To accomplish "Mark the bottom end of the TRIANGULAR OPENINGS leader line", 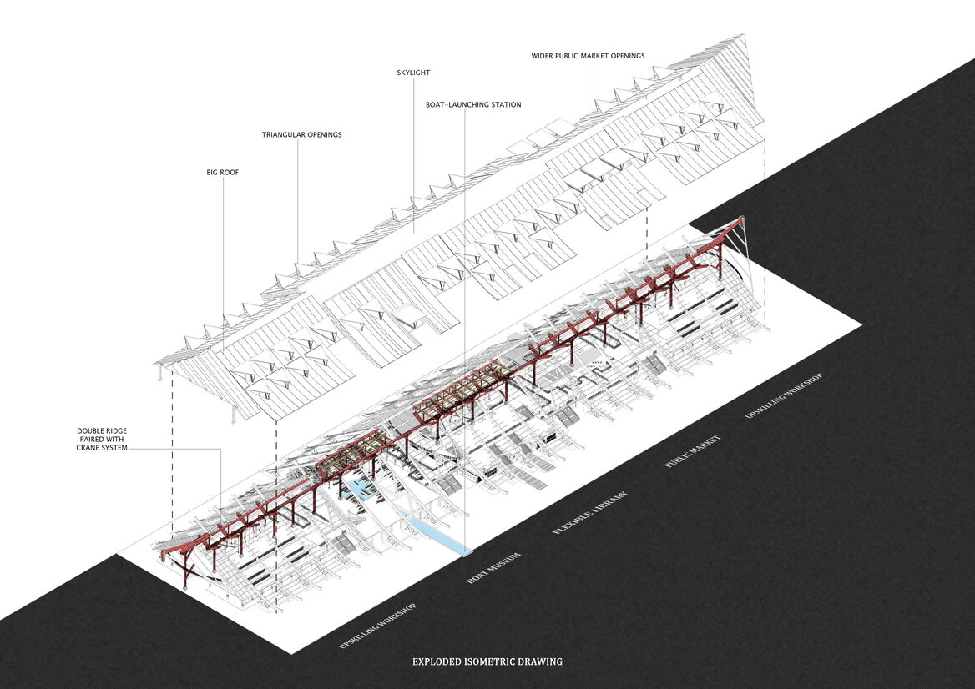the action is (x=297, y=264).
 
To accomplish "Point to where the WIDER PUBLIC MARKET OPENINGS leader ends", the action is (x=588, y=167).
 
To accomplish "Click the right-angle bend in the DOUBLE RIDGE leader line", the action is (x=220, y=449).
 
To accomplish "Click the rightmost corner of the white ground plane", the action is (x=861, y=324).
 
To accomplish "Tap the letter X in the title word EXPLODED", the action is (x=421, y=661).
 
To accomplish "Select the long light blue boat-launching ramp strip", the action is (x=435, y=531).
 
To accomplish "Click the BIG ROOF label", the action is (x=223, y=172).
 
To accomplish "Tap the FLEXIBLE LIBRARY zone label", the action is (x=590, y=513).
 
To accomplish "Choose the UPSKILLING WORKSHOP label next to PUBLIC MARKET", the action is (x=784, y=395).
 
